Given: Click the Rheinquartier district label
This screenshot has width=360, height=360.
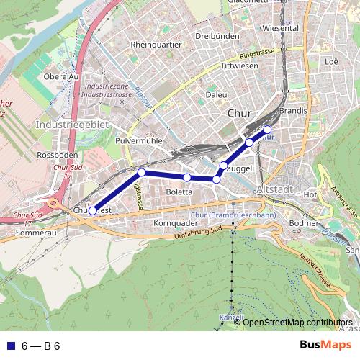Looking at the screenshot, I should pyautogui.click(x=156, y=44).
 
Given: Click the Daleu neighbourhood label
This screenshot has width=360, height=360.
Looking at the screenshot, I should pyautogui.click(x=216, y=94).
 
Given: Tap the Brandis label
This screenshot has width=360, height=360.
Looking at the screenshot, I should pyautogui.click(x=293, y=111).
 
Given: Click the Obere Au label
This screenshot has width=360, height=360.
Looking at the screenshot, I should pyautogui.click(x=60, y=76).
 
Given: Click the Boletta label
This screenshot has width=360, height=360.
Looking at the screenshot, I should pyautogui.click(x=179, y=192).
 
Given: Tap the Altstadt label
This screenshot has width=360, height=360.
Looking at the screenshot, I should pyautogui.click(x=275, y=189).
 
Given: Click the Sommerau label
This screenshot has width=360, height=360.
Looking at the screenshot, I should pyautogui.click(x=35, y=233).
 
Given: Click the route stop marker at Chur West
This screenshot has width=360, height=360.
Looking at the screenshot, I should pyautogui.click(x=92, y=210).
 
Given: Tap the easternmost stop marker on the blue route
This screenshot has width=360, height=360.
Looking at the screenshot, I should pyautogui.click(x=267, y=130).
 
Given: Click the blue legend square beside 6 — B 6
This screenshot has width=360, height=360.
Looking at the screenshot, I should pyautogui.click(x=10, y=346).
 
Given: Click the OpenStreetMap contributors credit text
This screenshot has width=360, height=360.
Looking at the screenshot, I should pyautogui.click(x=297, y=322).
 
